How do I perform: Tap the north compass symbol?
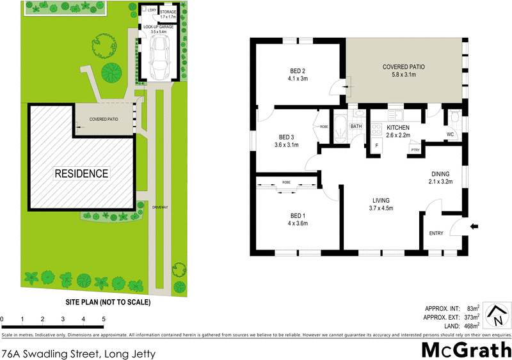click(497, 314)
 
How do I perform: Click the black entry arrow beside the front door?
click(474, 226)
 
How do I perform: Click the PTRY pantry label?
click(415, 150)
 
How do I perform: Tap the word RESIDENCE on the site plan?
click(81, 173)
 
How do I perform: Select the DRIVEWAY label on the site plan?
click(159, 207)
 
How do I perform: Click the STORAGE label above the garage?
click(168, 12)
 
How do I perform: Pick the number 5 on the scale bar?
click(102, 318)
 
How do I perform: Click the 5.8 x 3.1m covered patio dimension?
click(404, 75)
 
